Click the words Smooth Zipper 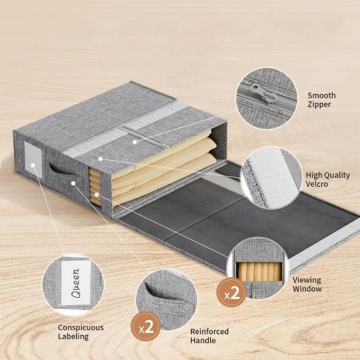321,100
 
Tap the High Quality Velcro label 327,179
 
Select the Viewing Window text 307,284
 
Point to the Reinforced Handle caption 209,335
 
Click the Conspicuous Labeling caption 80,332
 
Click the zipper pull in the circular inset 263,93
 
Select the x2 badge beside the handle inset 146,326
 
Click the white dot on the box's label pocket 33,165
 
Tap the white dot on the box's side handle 73,183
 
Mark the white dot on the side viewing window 96,194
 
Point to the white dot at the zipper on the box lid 135,142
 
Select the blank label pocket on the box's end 33,160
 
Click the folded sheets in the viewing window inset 259,272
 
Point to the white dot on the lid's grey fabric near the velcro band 100,158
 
